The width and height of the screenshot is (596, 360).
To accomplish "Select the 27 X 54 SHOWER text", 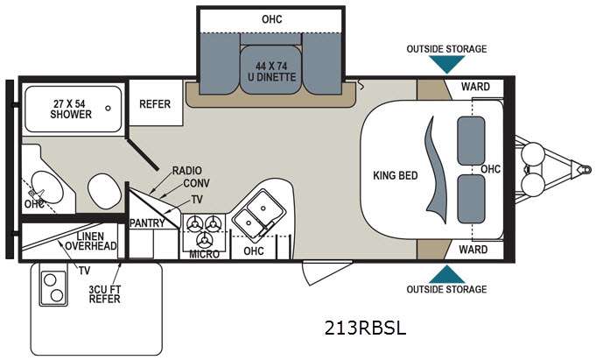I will click(x=71, y=109).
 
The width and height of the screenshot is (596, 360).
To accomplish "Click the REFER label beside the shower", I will click(x=155, y=104).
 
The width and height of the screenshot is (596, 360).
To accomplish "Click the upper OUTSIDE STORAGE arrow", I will click(x=446, y=65).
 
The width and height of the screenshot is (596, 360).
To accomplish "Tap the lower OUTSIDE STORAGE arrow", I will click(x=446, y=273).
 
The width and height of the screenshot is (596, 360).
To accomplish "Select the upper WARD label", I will click(x=474, y=87).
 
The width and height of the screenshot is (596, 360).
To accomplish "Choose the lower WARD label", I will click(x=474, y=250).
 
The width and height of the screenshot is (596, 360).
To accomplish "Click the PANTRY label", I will click(x=147, y=223).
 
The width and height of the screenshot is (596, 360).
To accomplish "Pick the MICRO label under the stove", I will click(x=204, y=254).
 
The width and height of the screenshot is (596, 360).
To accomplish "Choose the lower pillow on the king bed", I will click(x=472, y=197).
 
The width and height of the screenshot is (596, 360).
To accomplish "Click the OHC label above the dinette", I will click(x=272, y=18).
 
